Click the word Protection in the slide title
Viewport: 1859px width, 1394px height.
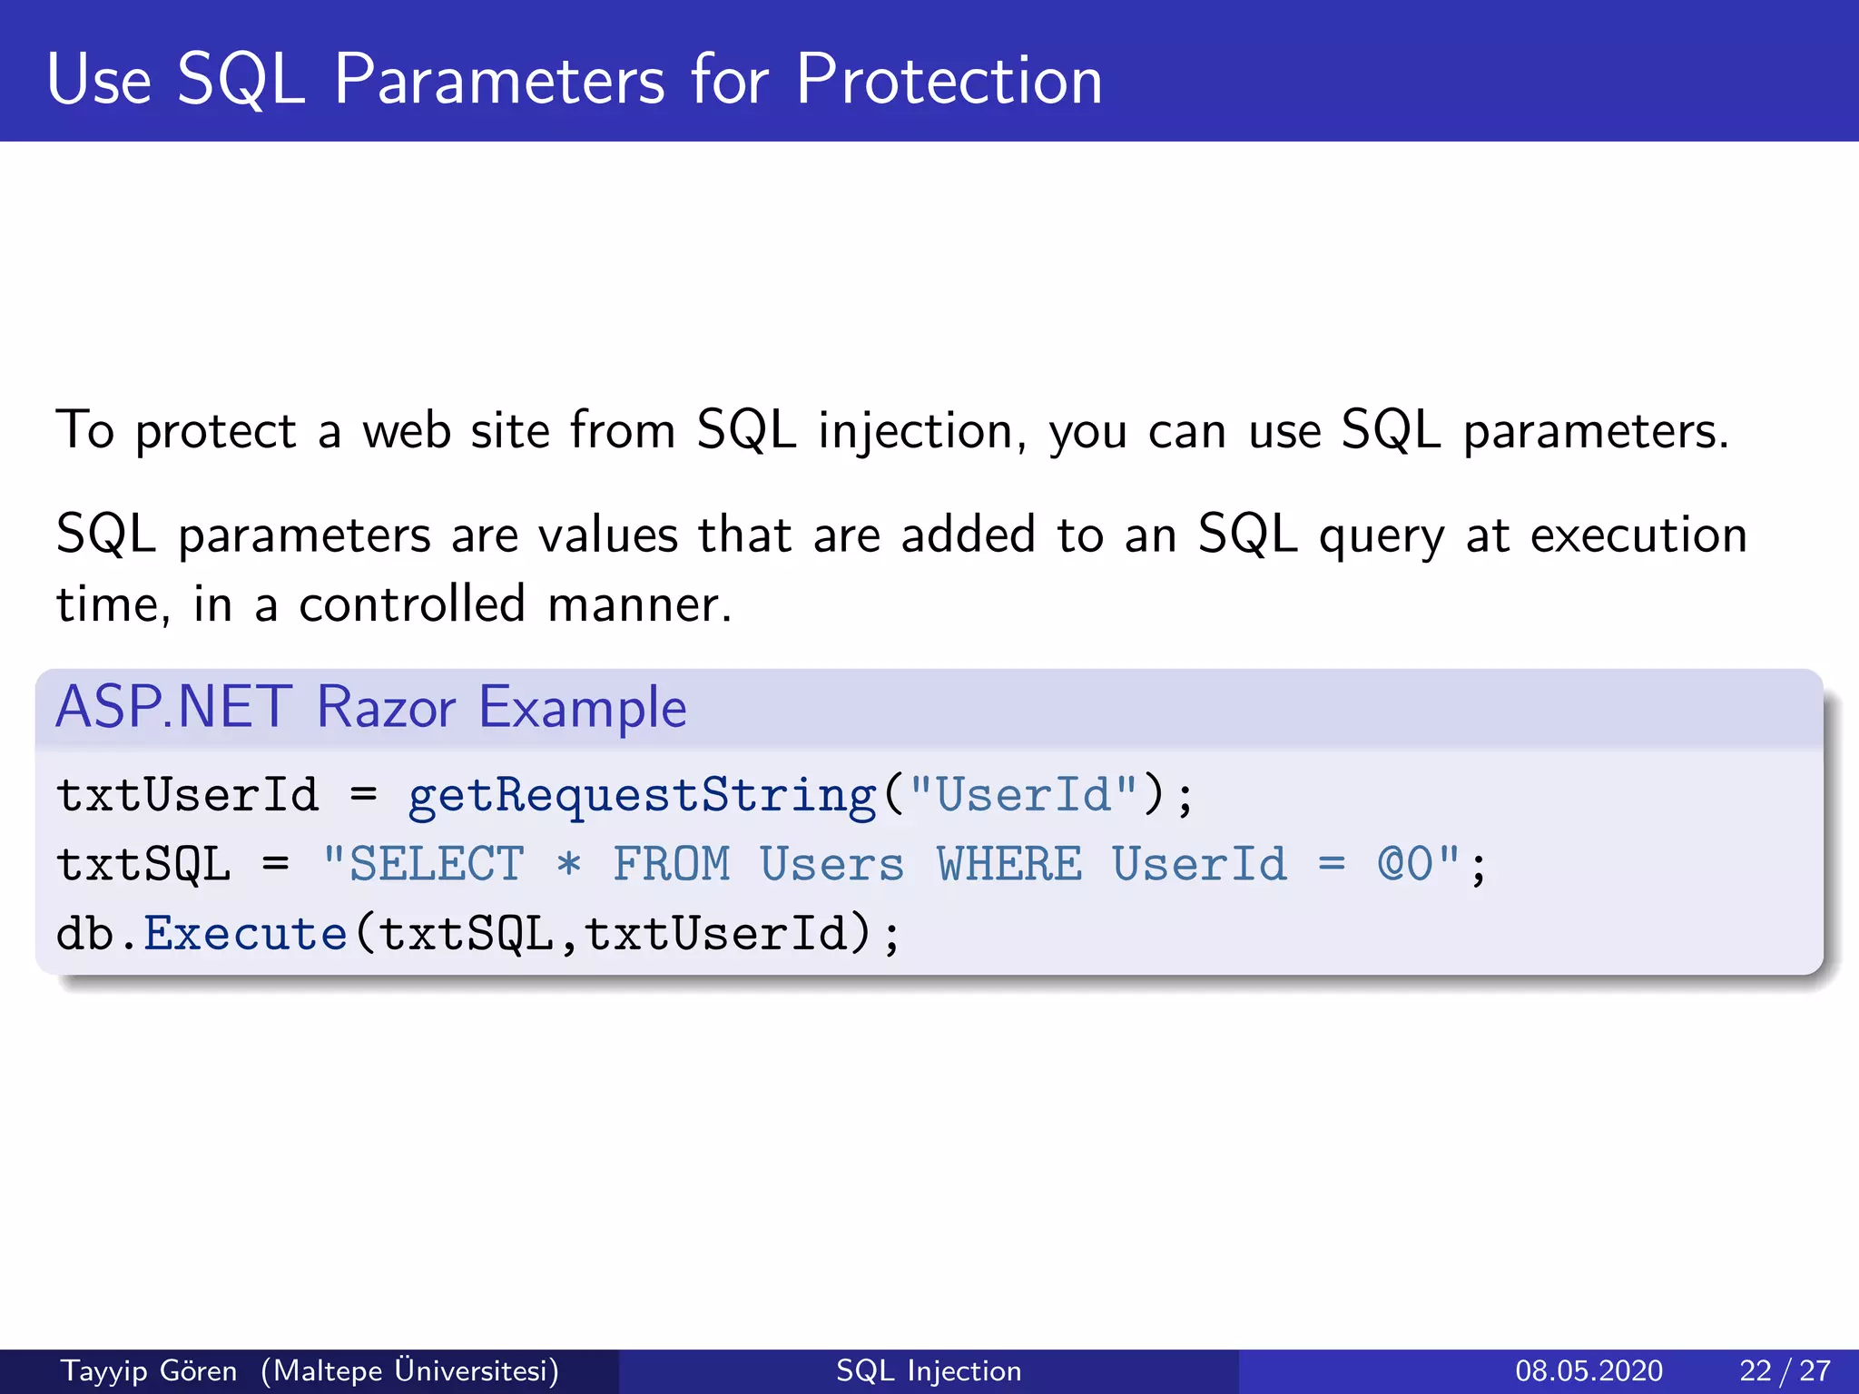(949, 80)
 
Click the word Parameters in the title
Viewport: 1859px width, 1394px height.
(499, 80)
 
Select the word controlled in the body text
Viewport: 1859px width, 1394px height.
(412, 604)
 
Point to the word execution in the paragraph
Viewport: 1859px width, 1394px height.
(1638, 535)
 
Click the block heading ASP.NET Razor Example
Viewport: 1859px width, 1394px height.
(371, 707)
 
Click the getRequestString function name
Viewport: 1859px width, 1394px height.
(642, 795)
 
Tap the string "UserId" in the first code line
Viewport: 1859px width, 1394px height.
(1023, 795)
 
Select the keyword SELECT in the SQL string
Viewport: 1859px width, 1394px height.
(437, 864)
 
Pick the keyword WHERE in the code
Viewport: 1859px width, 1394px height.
(1009, 864)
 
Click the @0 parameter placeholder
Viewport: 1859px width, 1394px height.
(1405, 864)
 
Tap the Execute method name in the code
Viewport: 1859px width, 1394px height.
(245, 934)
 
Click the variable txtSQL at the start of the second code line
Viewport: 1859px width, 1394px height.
(143, 864)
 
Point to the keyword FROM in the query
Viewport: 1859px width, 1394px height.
(671, 864)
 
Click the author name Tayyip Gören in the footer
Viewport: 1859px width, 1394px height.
(149, 1370)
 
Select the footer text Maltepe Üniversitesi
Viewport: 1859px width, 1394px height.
(409, 1370)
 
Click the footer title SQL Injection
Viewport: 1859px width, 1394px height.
(929, 1370)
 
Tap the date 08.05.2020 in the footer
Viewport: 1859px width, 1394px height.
(1589, 1370)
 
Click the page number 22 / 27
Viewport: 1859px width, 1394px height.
(1785, 1370)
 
